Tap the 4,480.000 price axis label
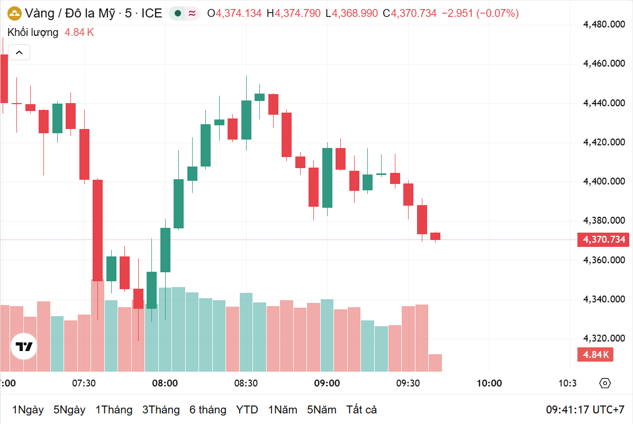(604, 24)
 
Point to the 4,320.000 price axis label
(604, 338)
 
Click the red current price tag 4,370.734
(604, 240)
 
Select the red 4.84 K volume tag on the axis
(595, 354)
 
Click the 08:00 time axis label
(165, 383)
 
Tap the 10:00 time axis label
(489, 383)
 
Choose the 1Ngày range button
(28, 410)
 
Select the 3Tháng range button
(160, 410)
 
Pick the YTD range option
(247, 410)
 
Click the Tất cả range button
(361, 410)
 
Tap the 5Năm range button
(322, 410)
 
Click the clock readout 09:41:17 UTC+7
(585, 410)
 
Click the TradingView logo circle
(24, 346)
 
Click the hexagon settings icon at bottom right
(605, 383)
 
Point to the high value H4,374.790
(294, 14)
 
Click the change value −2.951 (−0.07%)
(480, 14)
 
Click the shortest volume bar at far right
(435, 363)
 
